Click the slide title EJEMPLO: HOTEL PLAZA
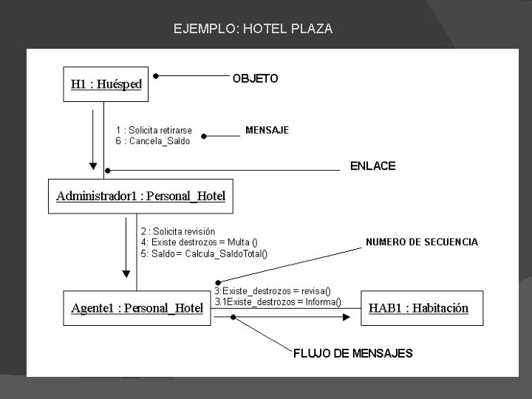[x=253, y=30]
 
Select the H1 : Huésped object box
[x=106, y=83]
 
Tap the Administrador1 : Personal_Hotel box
[x=140, y=196]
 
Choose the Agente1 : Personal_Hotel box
[x=137, y=307]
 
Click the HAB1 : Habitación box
[x=418, y=307]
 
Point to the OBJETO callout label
[x=256, y=78]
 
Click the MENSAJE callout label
[x=267, y=130]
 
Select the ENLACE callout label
[x=372, y=166]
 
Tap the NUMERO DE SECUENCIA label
[x=422, y=242]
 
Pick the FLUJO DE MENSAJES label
[x=353, y=353]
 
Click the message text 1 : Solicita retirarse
[x=154, y=131]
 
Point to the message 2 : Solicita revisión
[x=178, y=231]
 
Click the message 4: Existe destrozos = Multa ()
[x=199, y=242]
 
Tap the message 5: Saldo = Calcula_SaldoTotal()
[x=204, y=253]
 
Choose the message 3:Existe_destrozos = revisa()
[x=273, y=291]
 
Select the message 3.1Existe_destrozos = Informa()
[x=278, y=301]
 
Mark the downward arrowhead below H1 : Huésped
[x=92, y=165]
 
